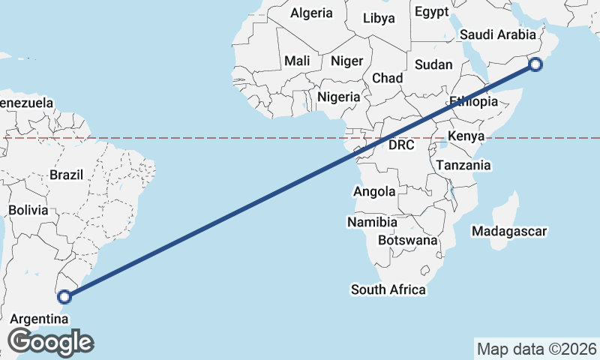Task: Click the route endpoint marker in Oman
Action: (x=535, y=64)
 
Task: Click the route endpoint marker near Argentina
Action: (x=65, y=296)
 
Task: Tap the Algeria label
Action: (x=311, y=13)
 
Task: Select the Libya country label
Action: (x=379, y=18)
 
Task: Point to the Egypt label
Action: (x=431, y=11)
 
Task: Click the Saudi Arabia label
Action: (x=498, y=34)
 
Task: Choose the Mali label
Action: (x=297, y=61)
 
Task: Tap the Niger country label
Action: (x=346, y=61)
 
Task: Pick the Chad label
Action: (x=387, y=78)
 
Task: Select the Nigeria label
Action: (x=339, y=97)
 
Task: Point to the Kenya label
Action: (x=466, y=136)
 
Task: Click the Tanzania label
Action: (x=463, y=165)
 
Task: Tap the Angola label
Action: (x=374, y=191)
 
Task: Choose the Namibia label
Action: (x=372, y=222)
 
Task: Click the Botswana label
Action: (x=407, y=240)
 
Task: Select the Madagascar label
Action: (x=509, y=231)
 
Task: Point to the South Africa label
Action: (x=388, y=289)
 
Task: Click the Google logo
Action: (x=50, y=342)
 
